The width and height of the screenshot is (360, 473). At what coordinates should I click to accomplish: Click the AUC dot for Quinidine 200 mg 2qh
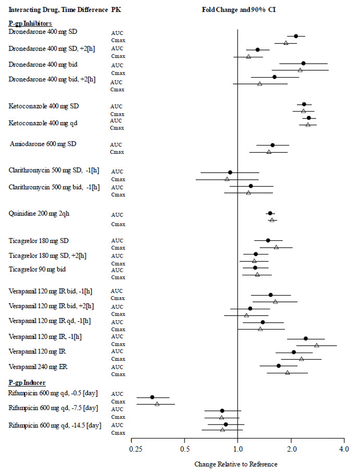point(270,213)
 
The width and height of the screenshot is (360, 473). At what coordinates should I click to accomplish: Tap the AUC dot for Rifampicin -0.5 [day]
point(152,397)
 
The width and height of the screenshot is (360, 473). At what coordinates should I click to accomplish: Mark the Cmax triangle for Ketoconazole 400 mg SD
point(303,111)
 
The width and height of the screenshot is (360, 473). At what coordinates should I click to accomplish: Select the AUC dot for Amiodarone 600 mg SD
point(272,145)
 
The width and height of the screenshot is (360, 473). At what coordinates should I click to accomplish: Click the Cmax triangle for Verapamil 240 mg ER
point(287,372)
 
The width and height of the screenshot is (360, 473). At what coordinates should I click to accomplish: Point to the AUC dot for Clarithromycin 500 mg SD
point(230,172)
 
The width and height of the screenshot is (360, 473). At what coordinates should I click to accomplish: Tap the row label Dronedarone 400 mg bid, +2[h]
point(52,79)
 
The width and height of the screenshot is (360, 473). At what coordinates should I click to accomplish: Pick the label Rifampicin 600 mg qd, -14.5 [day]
point(55,425)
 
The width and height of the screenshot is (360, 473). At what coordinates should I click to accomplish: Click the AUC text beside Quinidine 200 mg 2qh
point(117,214)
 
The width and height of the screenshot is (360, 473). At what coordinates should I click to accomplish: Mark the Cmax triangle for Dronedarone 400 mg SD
point(285,43)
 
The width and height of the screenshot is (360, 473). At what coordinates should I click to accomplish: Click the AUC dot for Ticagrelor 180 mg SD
point(268,240)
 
